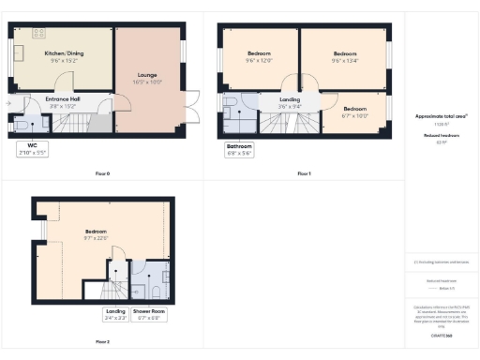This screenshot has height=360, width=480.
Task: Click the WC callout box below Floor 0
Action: tap(33, 148)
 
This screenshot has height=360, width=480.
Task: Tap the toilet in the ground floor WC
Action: tap(22, 123)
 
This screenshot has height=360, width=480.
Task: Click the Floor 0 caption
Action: tap(102, 173)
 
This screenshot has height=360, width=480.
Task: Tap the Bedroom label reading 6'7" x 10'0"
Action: tap(354, 112)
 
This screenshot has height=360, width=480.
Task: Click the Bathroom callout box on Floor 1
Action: tap(239, 148)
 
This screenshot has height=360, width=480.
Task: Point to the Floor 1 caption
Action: tap(304, 173)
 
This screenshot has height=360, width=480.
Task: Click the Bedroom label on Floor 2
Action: tap(97, 234)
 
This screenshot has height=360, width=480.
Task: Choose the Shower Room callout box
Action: tap(149, 312)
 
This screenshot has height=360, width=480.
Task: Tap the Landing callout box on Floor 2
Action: tap(115, 312)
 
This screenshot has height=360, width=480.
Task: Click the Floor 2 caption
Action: tap(102, 341)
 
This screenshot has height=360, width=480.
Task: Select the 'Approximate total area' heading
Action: tap(441, 116)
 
